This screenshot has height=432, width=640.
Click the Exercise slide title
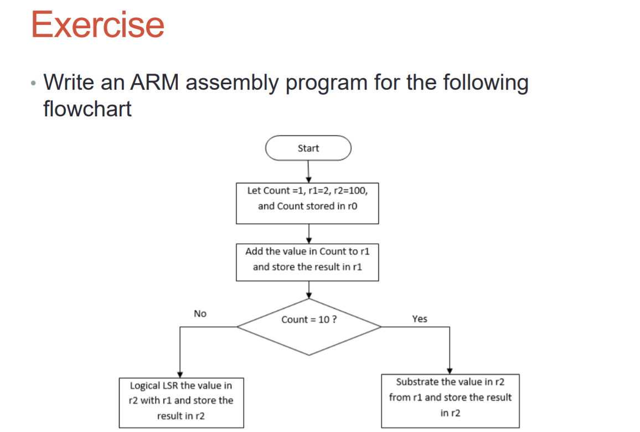click(x=98, y=24)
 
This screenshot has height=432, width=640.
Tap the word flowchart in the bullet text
click(x=87, y=109)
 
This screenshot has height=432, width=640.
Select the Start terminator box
click(x=308, y=148)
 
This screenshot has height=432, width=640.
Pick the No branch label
click(x=200, y=313)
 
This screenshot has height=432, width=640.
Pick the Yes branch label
click(x=420, y=318)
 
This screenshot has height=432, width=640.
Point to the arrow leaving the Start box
click(x=308, y=171)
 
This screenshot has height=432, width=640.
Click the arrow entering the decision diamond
click(x=308, y=289)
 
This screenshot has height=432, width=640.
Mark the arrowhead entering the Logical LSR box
click(x=180, y=374)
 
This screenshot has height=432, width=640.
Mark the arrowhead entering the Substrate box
click(x=450, y=371)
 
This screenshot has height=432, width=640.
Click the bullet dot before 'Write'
click(x=34, y=84)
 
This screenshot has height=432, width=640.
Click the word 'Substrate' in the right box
click(x=416, y=382)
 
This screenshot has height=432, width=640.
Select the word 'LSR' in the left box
click(x=169, y=385)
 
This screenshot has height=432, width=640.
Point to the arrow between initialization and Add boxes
click(x=308, y=233)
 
